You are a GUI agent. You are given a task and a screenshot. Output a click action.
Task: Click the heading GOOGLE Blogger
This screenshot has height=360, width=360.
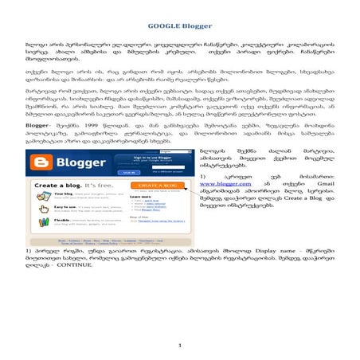tap(179, 15)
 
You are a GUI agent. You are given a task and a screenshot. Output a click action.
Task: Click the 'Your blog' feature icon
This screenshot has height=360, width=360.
tap(41, 196)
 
